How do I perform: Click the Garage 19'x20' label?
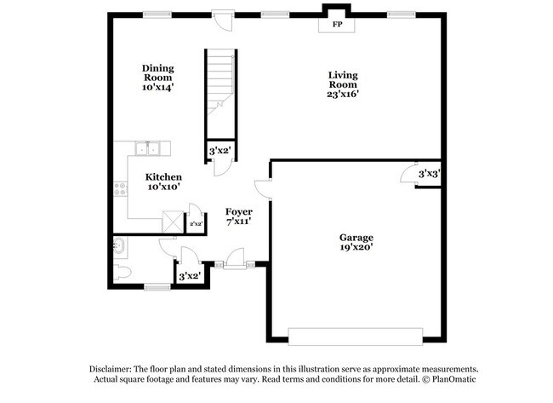point(356,242)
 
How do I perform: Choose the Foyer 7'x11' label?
point(237,216)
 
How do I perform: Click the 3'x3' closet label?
point(428,174)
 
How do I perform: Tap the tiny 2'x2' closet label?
point(196,224)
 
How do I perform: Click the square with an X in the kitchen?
point(174,221)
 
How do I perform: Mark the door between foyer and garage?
point(265,188)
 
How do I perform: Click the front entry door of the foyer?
point(235,259)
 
